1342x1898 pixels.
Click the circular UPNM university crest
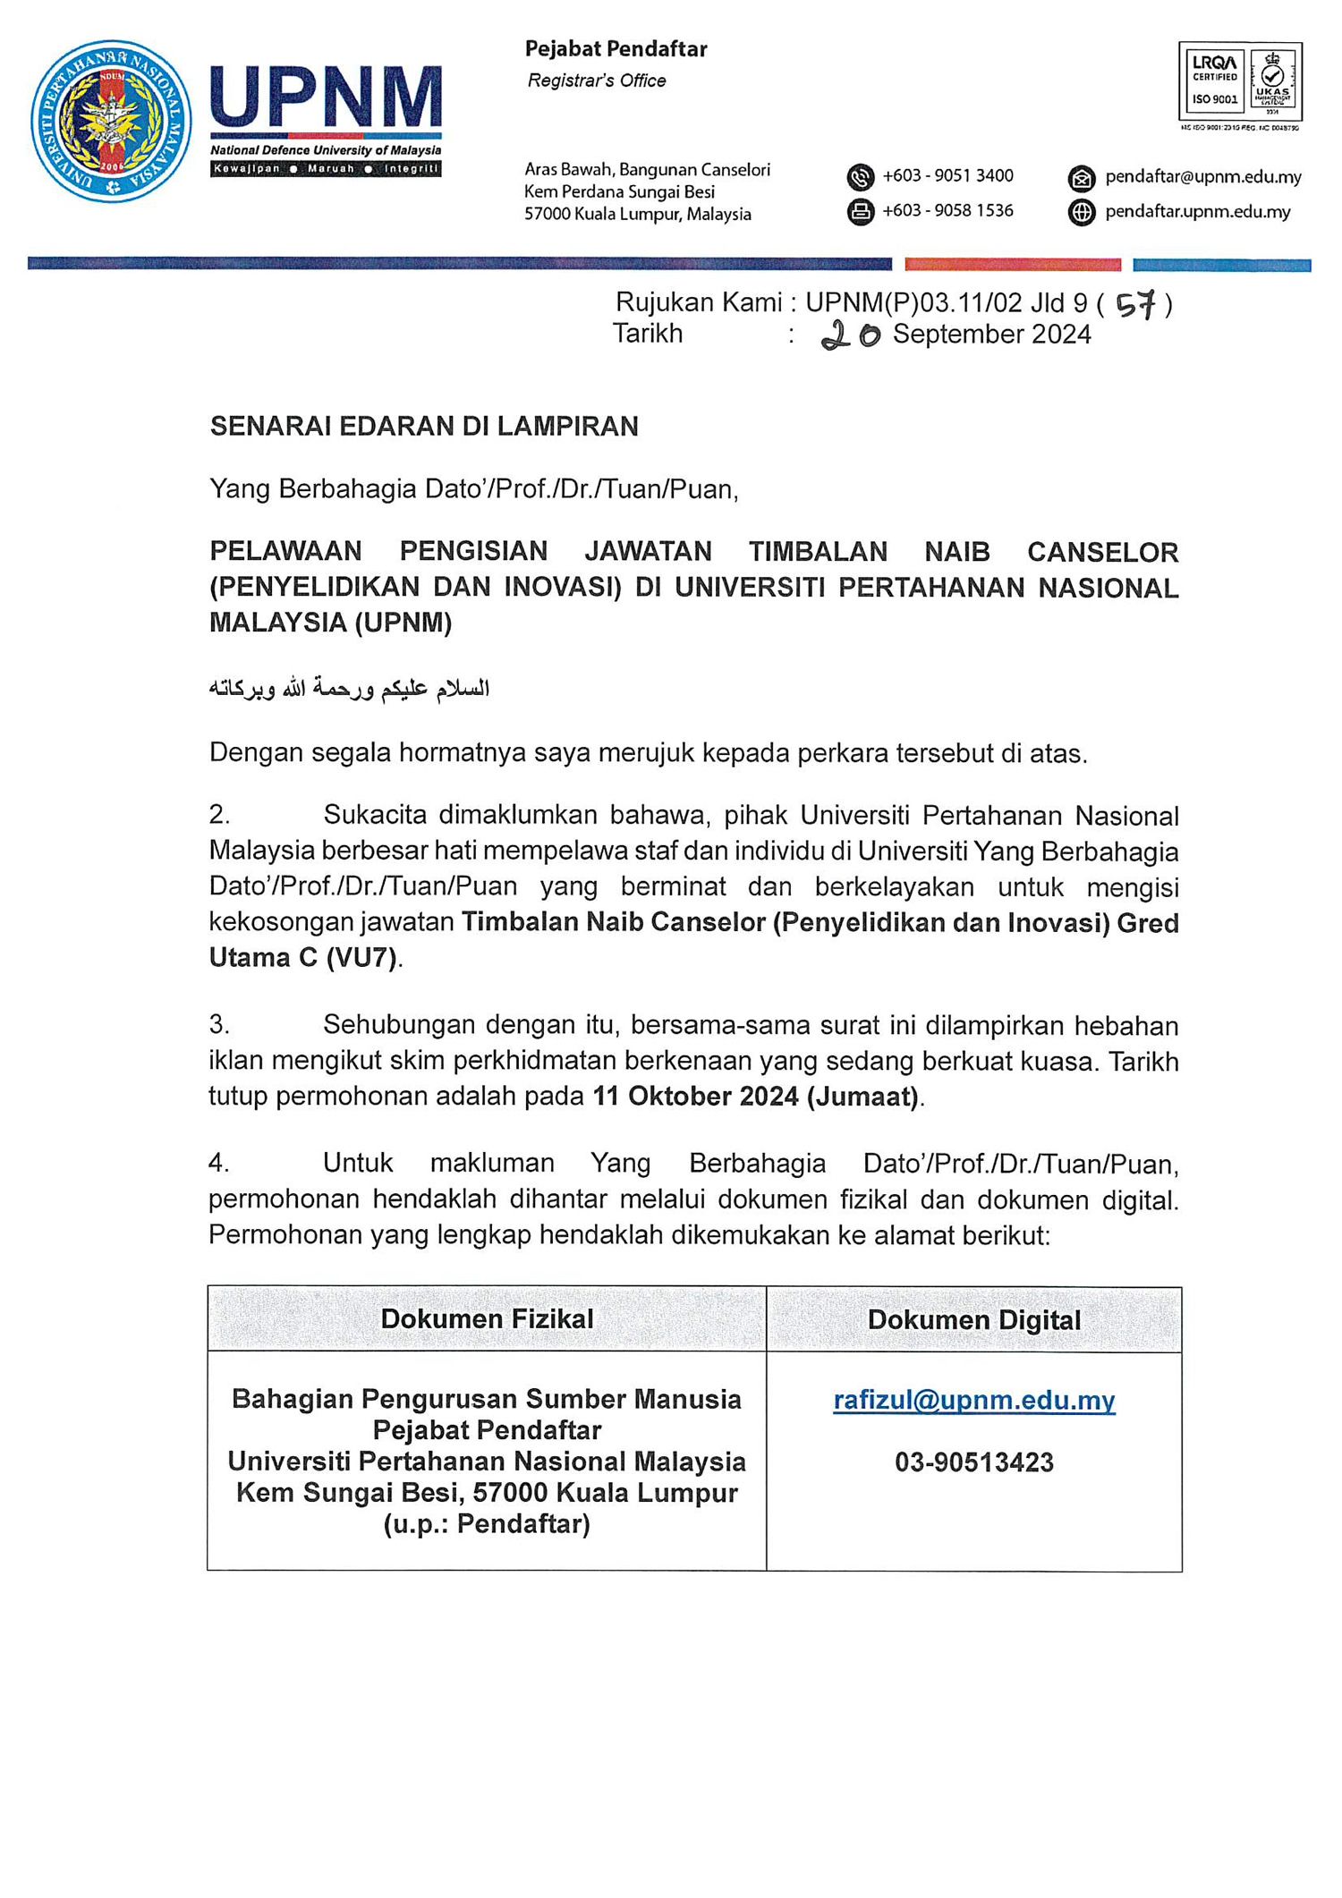111,121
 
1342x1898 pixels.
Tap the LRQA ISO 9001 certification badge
1240,81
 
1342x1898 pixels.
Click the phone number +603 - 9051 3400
947,176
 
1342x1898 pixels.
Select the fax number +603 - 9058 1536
947,211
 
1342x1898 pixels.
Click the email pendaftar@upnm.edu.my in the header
1202,177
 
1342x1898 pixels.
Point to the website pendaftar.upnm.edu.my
1197,212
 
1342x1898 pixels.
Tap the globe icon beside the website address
1082,212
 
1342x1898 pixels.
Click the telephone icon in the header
860,177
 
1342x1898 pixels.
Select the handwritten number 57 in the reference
1136,305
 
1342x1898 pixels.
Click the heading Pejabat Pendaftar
616,49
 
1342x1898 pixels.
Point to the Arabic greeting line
349,688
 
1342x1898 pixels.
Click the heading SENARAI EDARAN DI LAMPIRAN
424,427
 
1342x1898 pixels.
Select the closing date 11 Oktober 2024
696,1096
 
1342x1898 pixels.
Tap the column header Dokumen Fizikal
487,1318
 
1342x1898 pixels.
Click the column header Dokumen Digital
973,1320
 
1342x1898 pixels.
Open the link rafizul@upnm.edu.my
973,1400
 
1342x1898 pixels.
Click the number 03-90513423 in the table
973,1462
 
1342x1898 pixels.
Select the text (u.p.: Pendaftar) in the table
487,1523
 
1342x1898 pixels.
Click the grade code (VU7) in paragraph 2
361,958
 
